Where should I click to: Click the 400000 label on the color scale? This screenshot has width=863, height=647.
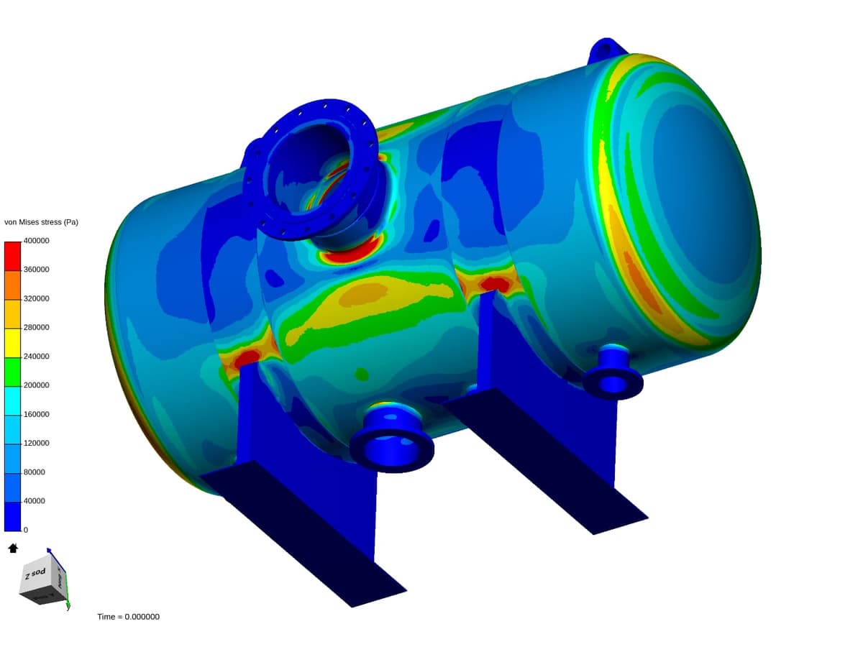(x=36, y=241)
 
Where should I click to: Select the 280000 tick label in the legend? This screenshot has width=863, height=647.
(x=36, y=327)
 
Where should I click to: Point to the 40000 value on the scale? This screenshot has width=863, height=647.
(x=34, y=500)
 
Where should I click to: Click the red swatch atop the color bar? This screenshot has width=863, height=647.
(x=12, y=255)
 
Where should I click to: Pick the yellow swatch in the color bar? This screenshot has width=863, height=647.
(x=12, y=342)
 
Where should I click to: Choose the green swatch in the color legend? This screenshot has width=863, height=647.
(x=12, y=371)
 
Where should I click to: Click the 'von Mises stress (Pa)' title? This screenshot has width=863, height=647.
(x=41, y=222)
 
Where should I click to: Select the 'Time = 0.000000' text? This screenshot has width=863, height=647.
(x=128, y=617)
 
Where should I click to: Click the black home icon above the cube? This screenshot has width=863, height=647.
(x=12, y=549)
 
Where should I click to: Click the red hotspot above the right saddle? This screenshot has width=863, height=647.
(x=495, y=283)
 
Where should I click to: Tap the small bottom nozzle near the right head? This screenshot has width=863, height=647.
(x=613, y=373)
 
